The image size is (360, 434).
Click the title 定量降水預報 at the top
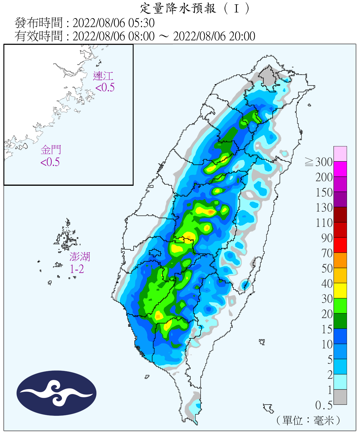pos(178,8)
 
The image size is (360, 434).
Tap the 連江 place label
pos(103,76)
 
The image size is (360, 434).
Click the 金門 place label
pos(51,150)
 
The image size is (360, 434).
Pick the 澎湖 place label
pos(80,257)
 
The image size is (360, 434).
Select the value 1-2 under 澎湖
pos(77,269)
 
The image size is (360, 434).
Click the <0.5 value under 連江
pos(105,87)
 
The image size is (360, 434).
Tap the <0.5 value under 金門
pos(50,162)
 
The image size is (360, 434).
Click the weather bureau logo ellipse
pos(56,393)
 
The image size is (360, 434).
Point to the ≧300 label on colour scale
pos(319,162)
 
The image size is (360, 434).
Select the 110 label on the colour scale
pos(324,223)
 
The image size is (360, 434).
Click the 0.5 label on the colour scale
pos(324,405)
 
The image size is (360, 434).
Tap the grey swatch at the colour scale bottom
pos(340,397)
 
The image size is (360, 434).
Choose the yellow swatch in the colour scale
pos(340,290)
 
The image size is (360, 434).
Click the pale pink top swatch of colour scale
pos(340,154)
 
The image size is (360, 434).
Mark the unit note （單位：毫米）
pos(308,420)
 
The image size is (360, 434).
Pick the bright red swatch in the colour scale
pos(340,245)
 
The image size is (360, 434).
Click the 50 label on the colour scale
pos(327,269)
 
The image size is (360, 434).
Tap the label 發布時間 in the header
pos(38,23)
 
